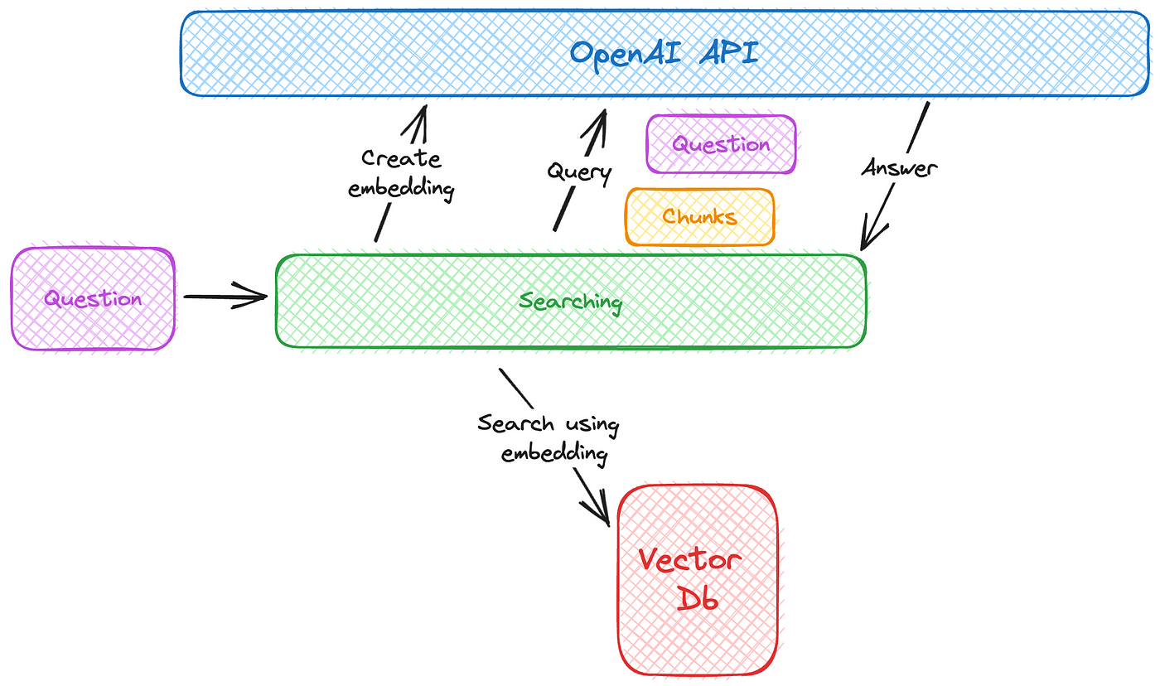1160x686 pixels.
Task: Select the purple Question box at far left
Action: tap(93, 299)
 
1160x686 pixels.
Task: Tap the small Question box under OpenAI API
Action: tap(721, 144)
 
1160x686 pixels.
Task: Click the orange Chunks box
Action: tap(699, 216)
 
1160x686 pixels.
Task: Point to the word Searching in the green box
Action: tap(570, 302)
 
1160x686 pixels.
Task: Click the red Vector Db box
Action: tap(698, 580)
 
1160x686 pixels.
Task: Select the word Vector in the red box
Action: tap(689, 559)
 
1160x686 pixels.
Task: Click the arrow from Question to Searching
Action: tap(225, 296)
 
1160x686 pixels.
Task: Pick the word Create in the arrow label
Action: tap(401, 158)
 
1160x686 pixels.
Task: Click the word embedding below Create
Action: tap(401, 188)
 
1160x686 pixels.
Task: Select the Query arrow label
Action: tap(579, 171)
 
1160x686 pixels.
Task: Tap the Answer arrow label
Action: tap(900, 168)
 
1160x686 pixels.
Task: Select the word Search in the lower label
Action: tap(515, 423)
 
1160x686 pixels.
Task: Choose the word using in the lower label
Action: tap(592, 425)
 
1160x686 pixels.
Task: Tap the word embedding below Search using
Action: tap(554, 453)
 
